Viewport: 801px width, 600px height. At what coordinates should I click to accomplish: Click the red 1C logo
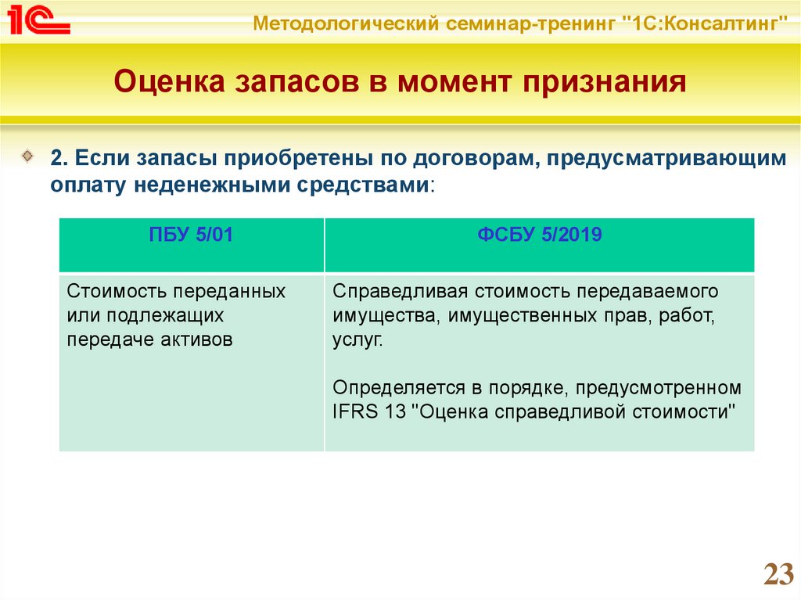[38, 20]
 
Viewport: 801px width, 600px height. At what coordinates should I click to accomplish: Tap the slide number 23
[778, 574]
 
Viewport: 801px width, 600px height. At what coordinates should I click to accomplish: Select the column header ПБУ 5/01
[191, 235]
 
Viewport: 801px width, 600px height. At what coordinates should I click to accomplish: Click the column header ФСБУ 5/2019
[540, 235]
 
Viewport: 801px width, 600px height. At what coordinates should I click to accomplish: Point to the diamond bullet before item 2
[27, 156]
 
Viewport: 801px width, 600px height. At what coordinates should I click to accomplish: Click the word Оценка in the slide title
[169, 82]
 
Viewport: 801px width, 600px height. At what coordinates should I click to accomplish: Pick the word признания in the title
[604, 83]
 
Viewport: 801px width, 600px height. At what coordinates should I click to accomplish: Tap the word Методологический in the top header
[346, 23]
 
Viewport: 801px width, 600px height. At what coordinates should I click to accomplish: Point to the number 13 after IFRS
[395, 411]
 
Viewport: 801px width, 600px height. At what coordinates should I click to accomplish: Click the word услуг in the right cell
[357, 340]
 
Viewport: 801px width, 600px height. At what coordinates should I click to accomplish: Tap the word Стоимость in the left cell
[118, 291]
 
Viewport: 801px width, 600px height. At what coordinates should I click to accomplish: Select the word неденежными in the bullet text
[213, 185]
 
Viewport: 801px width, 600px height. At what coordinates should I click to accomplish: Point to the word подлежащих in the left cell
[165, 316]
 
